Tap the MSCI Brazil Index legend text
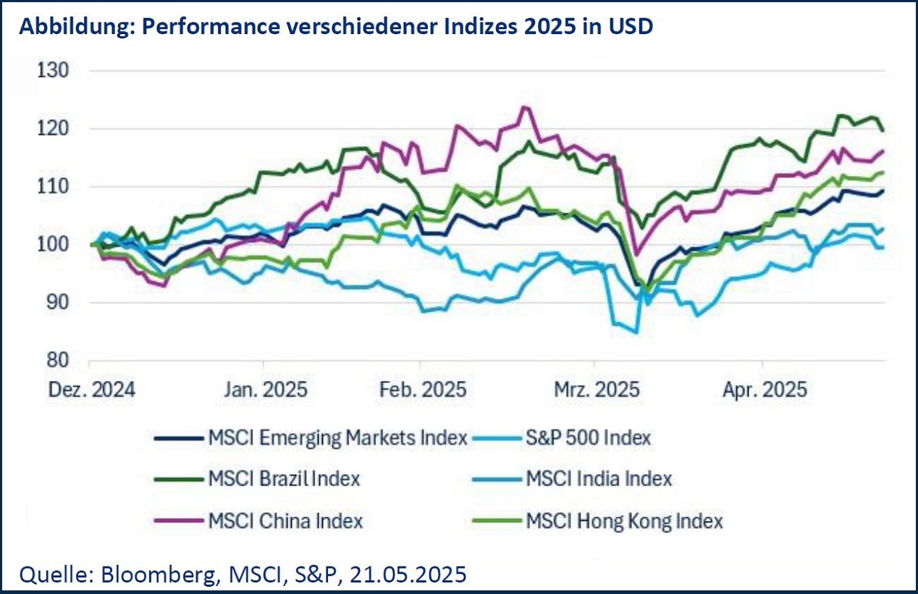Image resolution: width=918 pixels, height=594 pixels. coord(284,479)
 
